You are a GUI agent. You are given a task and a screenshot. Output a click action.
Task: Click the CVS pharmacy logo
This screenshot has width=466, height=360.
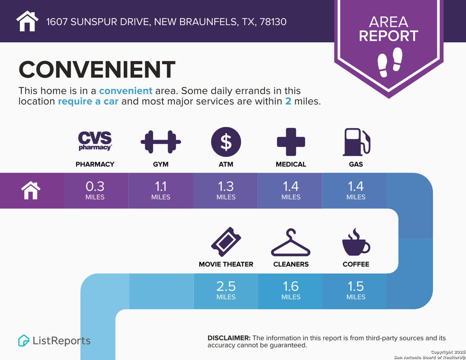[95, 141]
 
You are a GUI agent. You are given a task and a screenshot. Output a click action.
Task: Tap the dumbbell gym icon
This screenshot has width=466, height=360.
[161, 142]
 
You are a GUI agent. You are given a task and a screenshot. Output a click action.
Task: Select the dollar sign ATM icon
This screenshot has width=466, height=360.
[226, 142]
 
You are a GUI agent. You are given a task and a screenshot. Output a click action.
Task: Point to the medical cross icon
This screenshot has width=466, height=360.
[291, 142]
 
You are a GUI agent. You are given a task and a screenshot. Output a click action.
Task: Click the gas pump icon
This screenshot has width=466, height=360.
[356, 142]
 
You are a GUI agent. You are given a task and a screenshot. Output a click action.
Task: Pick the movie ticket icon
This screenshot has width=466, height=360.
[226, 242]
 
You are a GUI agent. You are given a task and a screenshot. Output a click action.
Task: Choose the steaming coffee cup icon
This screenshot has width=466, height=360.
[356, 242]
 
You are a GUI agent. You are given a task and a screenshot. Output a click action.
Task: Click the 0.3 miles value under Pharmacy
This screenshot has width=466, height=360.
[95, 190]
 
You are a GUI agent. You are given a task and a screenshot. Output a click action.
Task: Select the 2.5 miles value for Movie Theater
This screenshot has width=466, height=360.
[226, 290]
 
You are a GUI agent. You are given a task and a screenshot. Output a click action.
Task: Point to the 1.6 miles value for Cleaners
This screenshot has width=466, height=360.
[291, 290]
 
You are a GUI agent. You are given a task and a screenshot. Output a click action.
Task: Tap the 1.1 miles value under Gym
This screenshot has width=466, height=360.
[161, 190]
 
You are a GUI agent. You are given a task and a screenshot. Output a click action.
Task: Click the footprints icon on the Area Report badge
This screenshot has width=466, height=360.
[390, 62]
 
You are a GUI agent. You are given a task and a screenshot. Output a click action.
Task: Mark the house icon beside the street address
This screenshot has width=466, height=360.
[27, 21]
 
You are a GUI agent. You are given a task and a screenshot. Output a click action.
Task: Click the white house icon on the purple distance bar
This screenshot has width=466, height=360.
[31, 191]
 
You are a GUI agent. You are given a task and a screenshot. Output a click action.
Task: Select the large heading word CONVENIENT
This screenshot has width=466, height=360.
[97, 70]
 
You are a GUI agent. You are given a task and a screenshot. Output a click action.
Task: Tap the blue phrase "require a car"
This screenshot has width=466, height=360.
[88, 101]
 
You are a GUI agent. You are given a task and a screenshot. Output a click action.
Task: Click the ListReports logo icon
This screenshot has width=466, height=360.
[24, 340]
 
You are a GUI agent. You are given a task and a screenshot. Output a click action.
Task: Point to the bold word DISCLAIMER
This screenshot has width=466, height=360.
[229, 338]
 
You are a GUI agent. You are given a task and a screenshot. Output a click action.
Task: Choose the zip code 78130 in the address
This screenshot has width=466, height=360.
[273, 22]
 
